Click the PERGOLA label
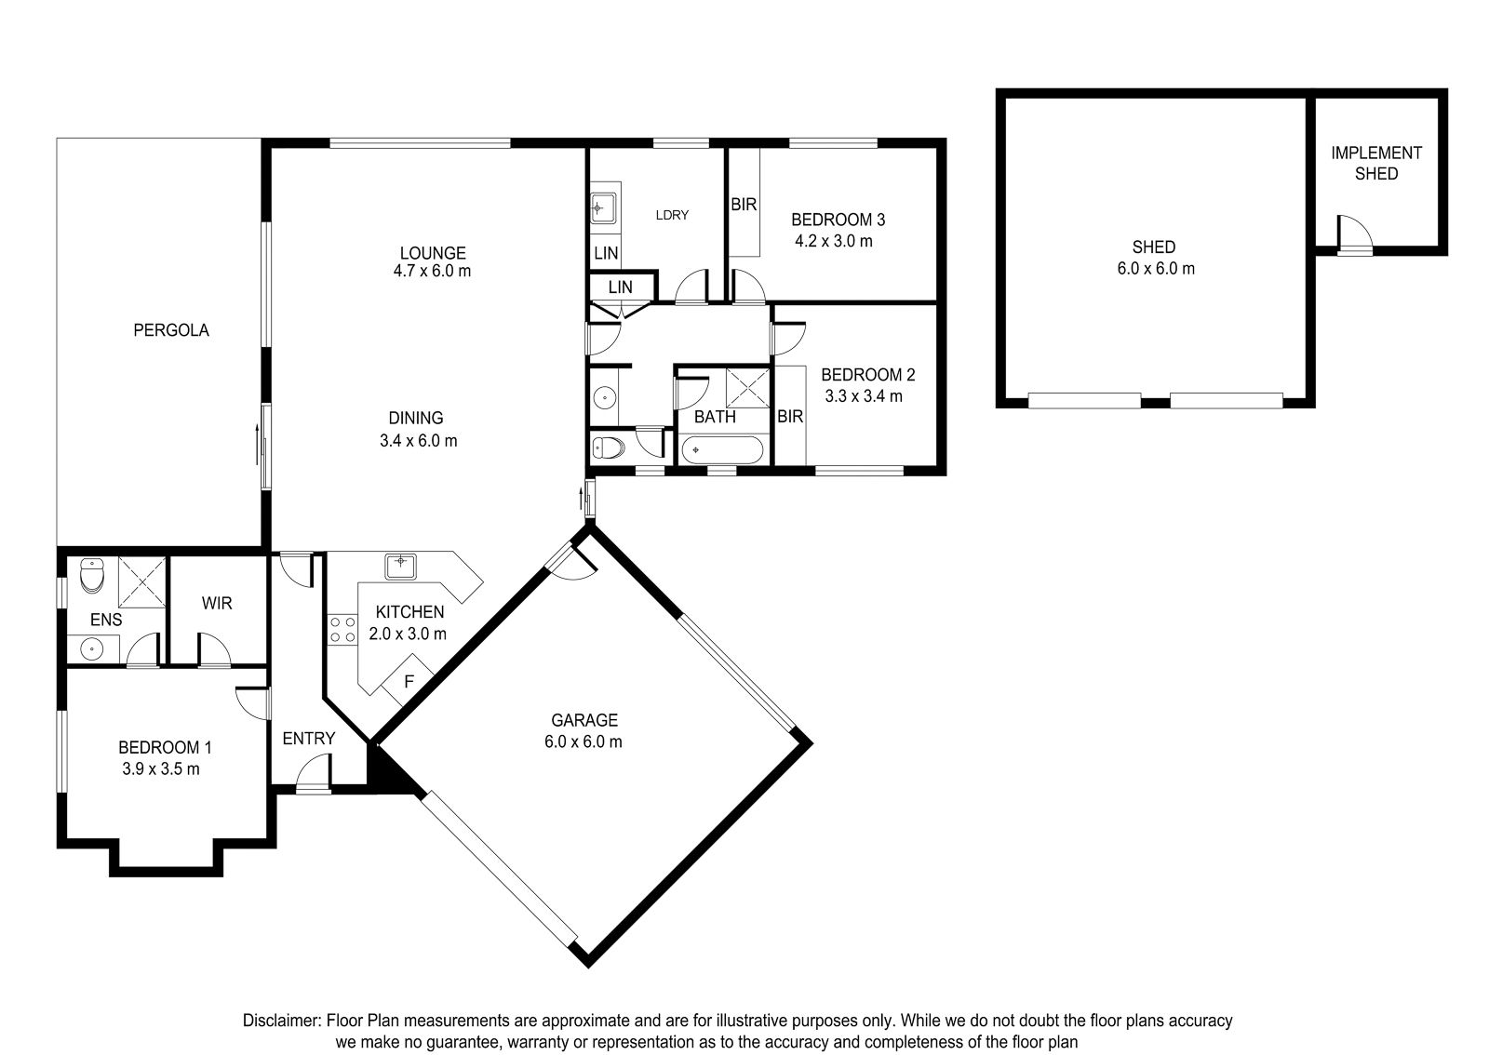click(171, 330)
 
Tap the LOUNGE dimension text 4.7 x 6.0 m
click(432, 271)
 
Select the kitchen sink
click(401, 567)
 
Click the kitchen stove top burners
click(342, 630)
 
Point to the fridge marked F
click(409, 681)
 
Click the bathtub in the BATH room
click(722, 449)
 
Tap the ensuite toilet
click(92, 575)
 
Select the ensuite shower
click(141, 582)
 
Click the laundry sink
click(604, 208)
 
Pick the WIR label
click(217, 603)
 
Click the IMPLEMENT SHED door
click(1355, 234)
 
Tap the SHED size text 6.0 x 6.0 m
click(1156, 269)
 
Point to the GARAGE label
click(584, 720)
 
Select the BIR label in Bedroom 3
click(744, 205)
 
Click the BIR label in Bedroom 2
click(790, 417)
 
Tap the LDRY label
click(672, 215)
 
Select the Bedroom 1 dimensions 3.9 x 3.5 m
click(161, 769)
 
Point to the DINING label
click(415, 418)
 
